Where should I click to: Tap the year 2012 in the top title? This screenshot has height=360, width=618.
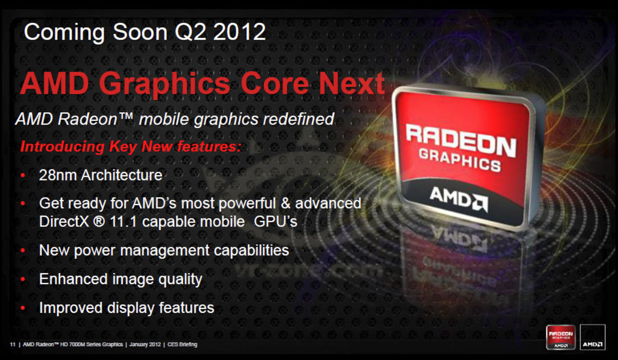(240, 32)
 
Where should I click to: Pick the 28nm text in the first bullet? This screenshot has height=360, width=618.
(57, 175)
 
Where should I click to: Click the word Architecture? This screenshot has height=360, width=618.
(121, 175)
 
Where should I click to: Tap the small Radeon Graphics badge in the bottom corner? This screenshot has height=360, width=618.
(561, 337)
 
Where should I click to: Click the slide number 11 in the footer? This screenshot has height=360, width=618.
(12, 345)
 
